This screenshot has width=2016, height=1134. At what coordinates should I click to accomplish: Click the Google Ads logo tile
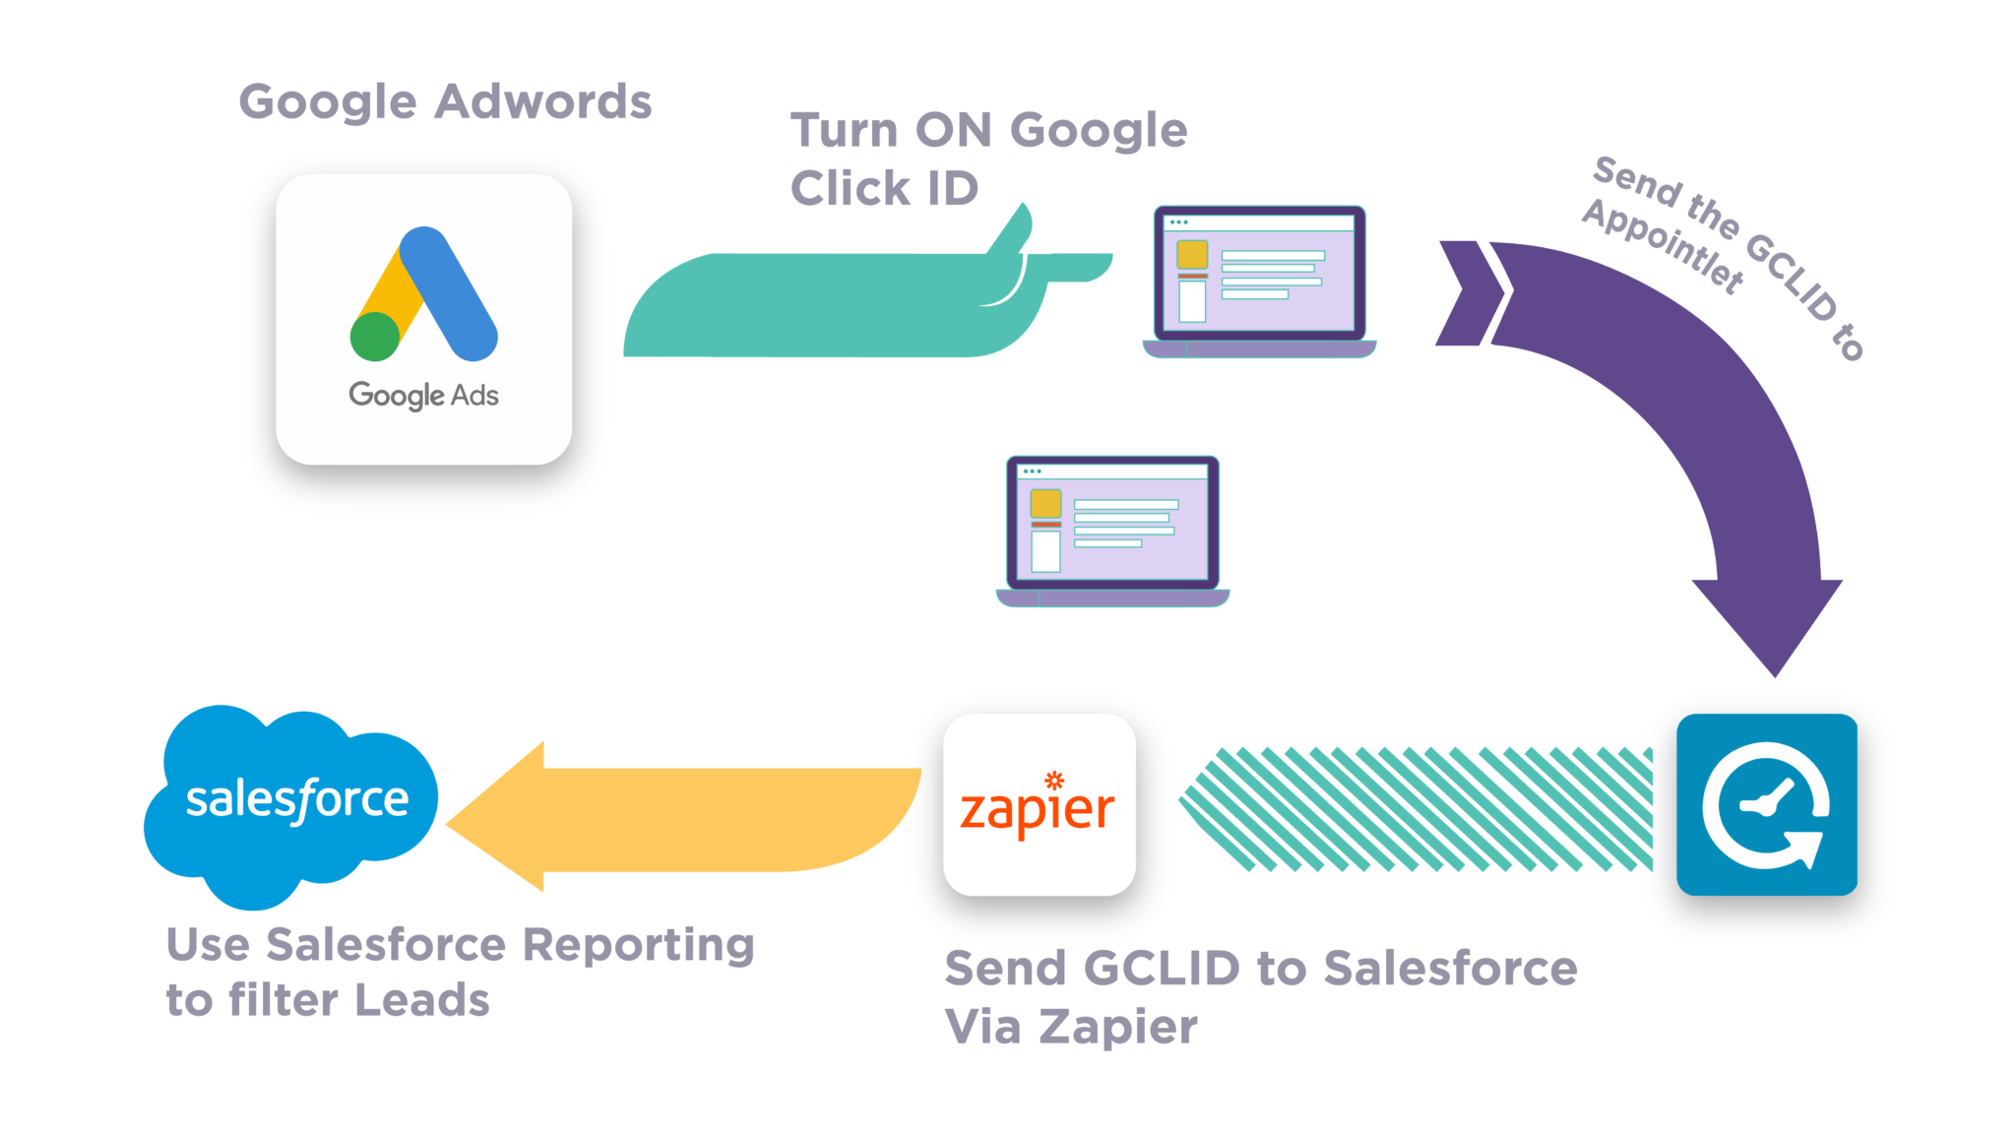[423, 319]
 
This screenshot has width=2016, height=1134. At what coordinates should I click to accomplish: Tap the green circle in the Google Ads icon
[375, 336]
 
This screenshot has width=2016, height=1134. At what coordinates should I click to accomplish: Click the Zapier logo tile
[1039, 804]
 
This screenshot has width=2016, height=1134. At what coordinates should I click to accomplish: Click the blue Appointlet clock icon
[1766, 804]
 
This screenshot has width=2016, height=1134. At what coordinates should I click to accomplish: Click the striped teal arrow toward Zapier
[1417, 809]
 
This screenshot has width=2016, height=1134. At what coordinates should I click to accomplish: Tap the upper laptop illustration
[1259, 281]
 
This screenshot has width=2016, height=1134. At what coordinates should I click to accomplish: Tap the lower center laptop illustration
[1112, 531]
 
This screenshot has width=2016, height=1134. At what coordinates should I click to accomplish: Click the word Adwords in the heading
[543, 102]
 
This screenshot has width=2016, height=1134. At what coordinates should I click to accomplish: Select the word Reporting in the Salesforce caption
[638, 946]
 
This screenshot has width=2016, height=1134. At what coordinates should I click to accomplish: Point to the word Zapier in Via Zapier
[1119, 1028]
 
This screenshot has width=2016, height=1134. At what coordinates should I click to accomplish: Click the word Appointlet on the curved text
[1664, 246]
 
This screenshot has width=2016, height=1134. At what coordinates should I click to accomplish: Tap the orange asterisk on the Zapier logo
[1054, 781]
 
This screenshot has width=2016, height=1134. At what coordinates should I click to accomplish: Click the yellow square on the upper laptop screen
[1191, 254]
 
